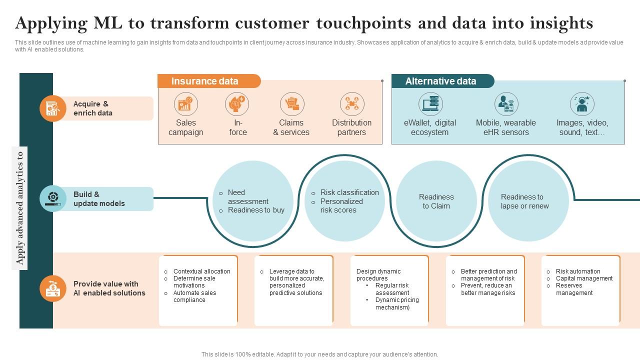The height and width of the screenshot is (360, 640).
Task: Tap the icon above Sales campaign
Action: (186, 104)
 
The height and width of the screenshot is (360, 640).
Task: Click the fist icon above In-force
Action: (237, 104)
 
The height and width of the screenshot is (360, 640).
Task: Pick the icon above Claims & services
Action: (292, 104)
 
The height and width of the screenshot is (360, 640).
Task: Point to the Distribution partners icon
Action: (352, 104)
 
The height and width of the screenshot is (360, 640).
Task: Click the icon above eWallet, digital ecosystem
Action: (430, 104)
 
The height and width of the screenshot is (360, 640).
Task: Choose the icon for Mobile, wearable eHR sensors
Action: (506, 104)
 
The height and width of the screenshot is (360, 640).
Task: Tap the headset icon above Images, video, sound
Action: (582, 104)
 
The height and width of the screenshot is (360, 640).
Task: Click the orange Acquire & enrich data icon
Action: (53, 108)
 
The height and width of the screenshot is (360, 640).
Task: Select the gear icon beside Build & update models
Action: (53, 198)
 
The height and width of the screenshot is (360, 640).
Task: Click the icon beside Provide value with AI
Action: (53, 288)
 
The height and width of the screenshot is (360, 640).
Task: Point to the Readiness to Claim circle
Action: (436, 201)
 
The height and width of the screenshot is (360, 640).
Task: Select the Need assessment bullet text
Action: (248, 197)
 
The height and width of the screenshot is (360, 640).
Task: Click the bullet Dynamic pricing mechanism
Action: (397, 303)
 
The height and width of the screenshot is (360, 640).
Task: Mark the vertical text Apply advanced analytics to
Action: (20, 207)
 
